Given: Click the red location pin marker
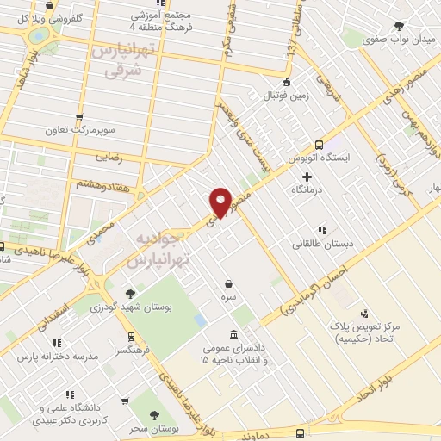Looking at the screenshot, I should (x=220, y=202).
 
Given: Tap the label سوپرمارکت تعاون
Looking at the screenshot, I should (x=81, y=131).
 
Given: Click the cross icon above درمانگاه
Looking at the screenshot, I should (x=307, y=176).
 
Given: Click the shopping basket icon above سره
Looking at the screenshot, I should (x=228, y=283).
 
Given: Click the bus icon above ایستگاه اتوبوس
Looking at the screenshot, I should (x=320, y=144).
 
